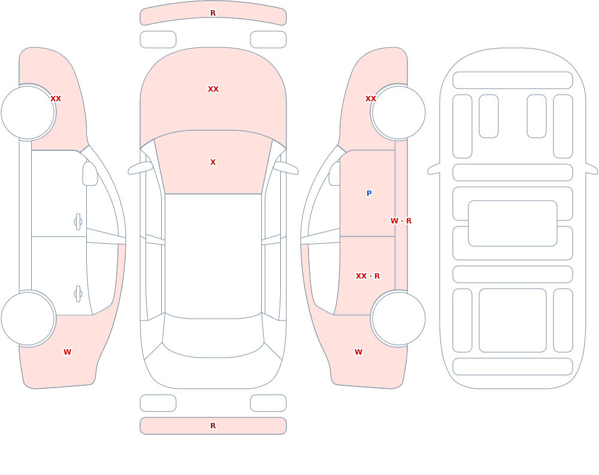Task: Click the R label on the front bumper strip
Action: (213, 13)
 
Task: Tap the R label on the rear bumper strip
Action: (213, 426)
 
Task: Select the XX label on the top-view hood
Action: (213, 89)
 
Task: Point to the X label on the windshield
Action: (213, 162)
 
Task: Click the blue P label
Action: (369, 193)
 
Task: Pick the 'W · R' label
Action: (401, 221)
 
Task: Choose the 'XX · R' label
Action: (368, 276)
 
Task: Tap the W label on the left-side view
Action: (67, 352)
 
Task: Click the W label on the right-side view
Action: (358, 352)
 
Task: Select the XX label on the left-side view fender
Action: (56, 99)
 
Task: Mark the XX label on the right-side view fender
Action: (371, 99)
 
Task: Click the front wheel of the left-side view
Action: (28, 113)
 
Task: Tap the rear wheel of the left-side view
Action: (28, 318)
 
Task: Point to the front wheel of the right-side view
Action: (398, 113)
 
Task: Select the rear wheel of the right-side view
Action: (398, 318)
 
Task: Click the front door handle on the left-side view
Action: (78, 222)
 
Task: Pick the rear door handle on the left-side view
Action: (78, 294)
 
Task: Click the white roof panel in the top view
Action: (213, 256)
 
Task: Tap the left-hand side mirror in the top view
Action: (141, 168)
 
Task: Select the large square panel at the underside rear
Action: (513, 320)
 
